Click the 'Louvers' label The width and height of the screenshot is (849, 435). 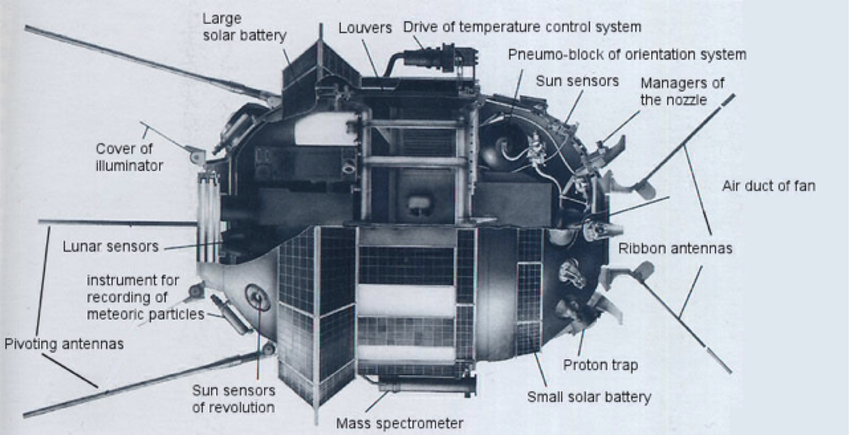point(365,28)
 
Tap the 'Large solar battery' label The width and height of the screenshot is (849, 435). point(245,27)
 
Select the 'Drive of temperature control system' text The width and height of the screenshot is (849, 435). point(522,27)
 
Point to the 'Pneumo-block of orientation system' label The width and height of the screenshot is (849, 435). point(627,54)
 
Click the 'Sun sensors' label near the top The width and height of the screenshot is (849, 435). point(577,80)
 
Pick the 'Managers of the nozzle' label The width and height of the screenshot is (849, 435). point(682,91)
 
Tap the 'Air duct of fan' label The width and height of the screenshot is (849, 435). point(768,186)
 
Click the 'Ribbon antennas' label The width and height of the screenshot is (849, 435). point(675,249)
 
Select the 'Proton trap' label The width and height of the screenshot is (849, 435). point(600,365)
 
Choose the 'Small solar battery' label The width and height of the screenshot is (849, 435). point(589,396)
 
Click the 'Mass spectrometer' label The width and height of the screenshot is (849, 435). point(399,423)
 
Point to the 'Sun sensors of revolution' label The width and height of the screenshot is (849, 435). point(233,399)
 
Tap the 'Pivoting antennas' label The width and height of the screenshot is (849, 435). point(64,344)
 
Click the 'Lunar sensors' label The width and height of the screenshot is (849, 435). point(110,247)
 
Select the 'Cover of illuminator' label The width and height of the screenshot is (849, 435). point(129,157)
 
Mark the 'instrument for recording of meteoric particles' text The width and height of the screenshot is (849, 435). point(146,297)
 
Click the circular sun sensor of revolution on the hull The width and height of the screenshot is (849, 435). point(257,297)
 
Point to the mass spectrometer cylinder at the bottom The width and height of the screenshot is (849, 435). point(426,386)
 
